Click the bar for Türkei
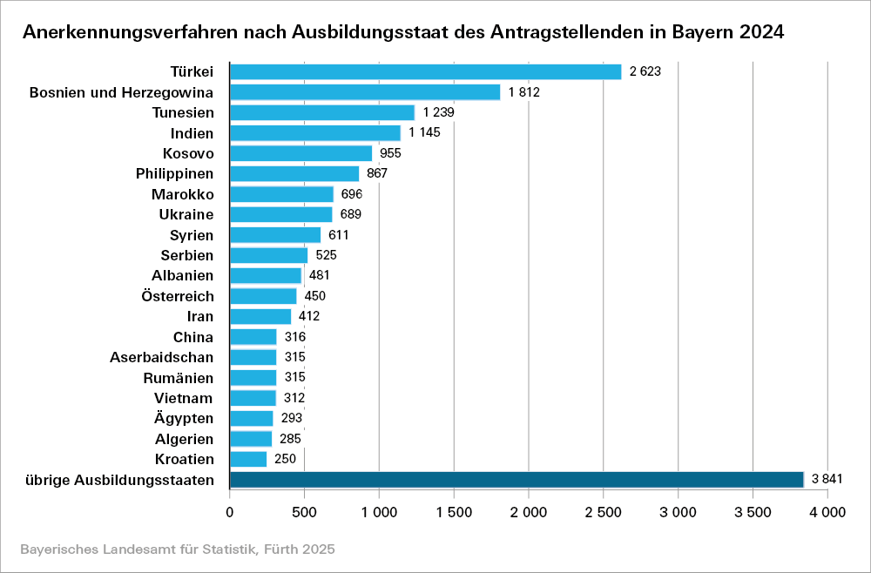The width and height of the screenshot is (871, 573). (425, 71)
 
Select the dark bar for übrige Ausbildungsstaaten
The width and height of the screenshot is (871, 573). (516, 480)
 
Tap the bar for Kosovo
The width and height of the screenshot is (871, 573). (300, 153)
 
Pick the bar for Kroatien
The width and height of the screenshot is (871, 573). (248, 459)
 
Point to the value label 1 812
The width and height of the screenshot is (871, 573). (524, 92)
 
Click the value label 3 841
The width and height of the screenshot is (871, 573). (827, 480)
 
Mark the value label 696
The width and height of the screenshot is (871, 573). (352, 194)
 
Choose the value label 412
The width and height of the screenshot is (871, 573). (309, 316)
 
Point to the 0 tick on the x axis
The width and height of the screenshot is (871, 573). (230, 513)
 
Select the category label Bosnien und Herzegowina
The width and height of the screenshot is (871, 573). (121, 92)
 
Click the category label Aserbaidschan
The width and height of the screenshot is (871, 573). (162, 357)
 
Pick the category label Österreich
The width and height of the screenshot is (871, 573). (178, 296)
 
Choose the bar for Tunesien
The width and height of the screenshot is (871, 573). (321, 112)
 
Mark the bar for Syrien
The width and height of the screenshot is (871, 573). (275, 235)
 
